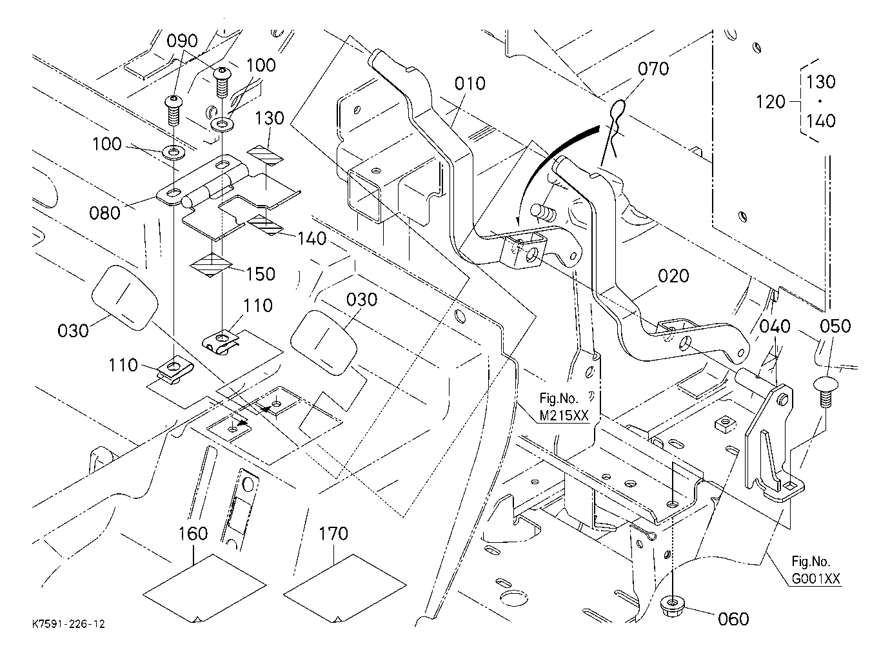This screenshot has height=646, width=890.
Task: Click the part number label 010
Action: click(470, 84)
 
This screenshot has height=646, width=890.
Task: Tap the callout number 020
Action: click(673, 276)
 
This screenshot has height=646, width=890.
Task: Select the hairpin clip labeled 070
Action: click(613, 131)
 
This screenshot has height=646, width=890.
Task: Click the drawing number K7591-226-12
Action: click(68, 624)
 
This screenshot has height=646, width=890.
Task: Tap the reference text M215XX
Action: click(564, 416)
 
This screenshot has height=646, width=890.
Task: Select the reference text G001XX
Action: click(816, 579)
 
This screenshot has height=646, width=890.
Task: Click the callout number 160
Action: click(193, 534)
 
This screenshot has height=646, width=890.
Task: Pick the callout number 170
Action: click(334, 534)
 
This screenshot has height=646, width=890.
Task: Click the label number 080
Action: click(104, 213)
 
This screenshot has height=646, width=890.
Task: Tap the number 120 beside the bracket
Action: click(771, 102)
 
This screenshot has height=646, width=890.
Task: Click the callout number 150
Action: click(261, 274)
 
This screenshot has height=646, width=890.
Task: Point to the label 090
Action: click(182, 41)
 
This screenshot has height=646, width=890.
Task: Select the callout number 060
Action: click(733, 619)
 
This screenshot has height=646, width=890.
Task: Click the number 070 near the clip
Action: click(653, 69)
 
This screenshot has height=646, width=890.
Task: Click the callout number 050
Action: click(835, 326)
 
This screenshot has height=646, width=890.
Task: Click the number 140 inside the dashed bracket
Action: click(820, 121)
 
